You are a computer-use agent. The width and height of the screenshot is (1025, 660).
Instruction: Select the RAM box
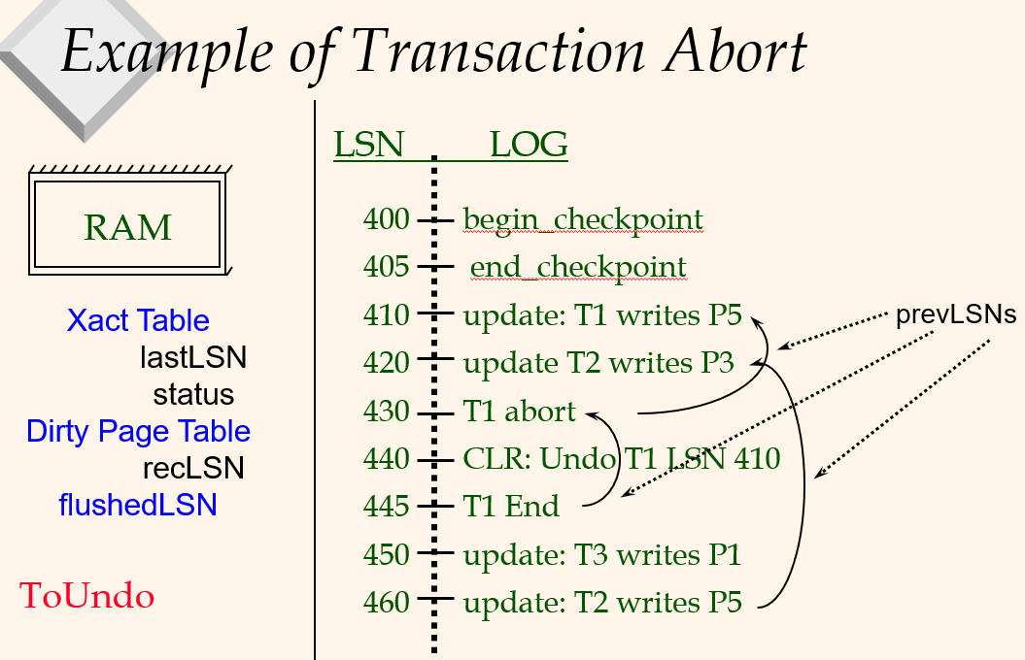[127, 227]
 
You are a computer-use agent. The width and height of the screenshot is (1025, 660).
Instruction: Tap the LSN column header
[368, 145]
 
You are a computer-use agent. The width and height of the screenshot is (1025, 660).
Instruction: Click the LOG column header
[528, 145]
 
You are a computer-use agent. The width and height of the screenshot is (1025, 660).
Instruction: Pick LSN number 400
[387, 220]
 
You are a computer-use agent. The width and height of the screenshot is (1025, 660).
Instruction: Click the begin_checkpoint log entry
[583, 220]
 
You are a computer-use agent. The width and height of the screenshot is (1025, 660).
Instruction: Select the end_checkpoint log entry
[578, 267]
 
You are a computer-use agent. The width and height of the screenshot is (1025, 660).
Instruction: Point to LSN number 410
[387, 315]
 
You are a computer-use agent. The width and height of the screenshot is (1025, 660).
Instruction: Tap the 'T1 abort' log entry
[520, 412]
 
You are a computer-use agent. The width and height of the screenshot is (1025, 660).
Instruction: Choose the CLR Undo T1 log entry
[622, 458]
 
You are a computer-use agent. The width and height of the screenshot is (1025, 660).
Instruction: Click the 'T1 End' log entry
[511, 506]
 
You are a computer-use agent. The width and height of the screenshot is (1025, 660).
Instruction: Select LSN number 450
[387, 554]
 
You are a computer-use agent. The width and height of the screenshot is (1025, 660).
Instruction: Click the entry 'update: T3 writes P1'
[602, 554]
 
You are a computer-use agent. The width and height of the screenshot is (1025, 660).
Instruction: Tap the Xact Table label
[138, 320]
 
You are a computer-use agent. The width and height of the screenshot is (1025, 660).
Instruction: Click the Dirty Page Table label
[138, 431]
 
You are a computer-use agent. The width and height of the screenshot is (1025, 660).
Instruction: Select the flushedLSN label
[137, 505]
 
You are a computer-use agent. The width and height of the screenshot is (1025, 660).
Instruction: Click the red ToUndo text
[87, 596]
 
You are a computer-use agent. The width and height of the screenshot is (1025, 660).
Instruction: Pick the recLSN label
[193, 469]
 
